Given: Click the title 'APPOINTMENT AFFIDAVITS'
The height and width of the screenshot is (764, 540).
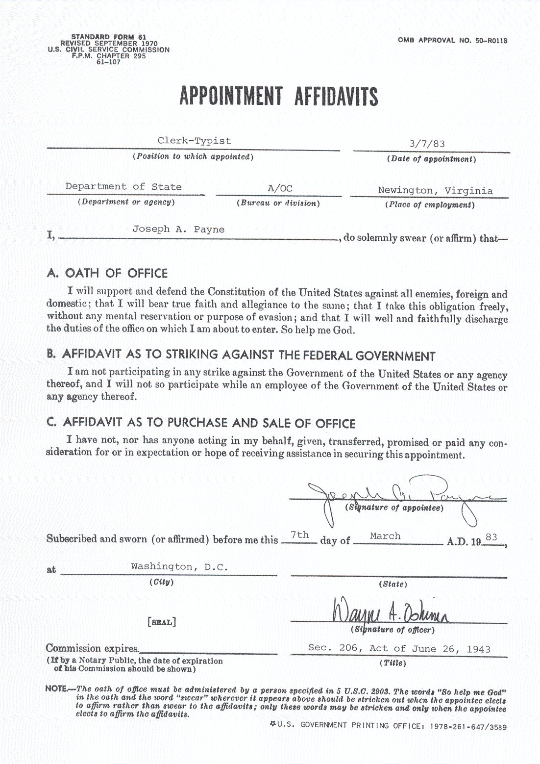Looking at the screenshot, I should click(279, 96).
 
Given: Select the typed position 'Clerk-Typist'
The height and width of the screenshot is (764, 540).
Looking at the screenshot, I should click(194, 141).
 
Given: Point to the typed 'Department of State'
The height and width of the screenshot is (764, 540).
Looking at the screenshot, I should click(123, 186).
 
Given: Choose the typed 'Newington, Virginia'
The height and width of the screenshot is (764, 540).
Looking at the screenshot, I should click(435, 190).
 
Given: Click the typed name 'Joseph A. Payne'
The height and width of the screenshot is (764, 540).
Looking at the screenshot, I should click(178, 229).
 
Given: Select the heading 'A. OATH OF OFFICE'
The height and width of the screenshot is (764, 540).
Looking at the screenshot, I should click(107, 273).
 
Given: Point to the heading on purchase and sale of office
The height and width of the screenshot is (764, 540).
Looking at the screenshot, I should click(201, 423).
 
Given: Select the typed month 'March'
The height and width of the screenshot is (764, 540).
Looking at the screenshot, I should click(385, 536).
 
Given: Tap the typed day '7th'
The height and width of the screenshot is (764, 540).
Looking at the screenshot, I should click(299, 535).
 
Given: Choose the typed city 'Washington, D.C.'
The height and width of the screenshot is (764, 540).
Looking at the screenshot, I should click(179, 566).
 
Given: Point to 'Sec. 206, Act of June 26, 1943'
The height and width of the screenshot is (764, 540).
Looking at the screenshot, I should click(399, 648).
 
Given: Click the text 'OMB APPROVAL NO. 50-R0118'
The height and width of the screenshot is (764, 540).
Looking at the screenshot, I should click(452, 41).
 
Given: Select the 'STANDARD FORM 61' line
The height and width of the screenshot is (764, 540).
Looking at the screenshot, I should click(109, 37).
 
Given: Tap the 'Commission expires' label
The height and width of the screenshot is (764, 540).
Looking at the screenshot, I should click(92, 648).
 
